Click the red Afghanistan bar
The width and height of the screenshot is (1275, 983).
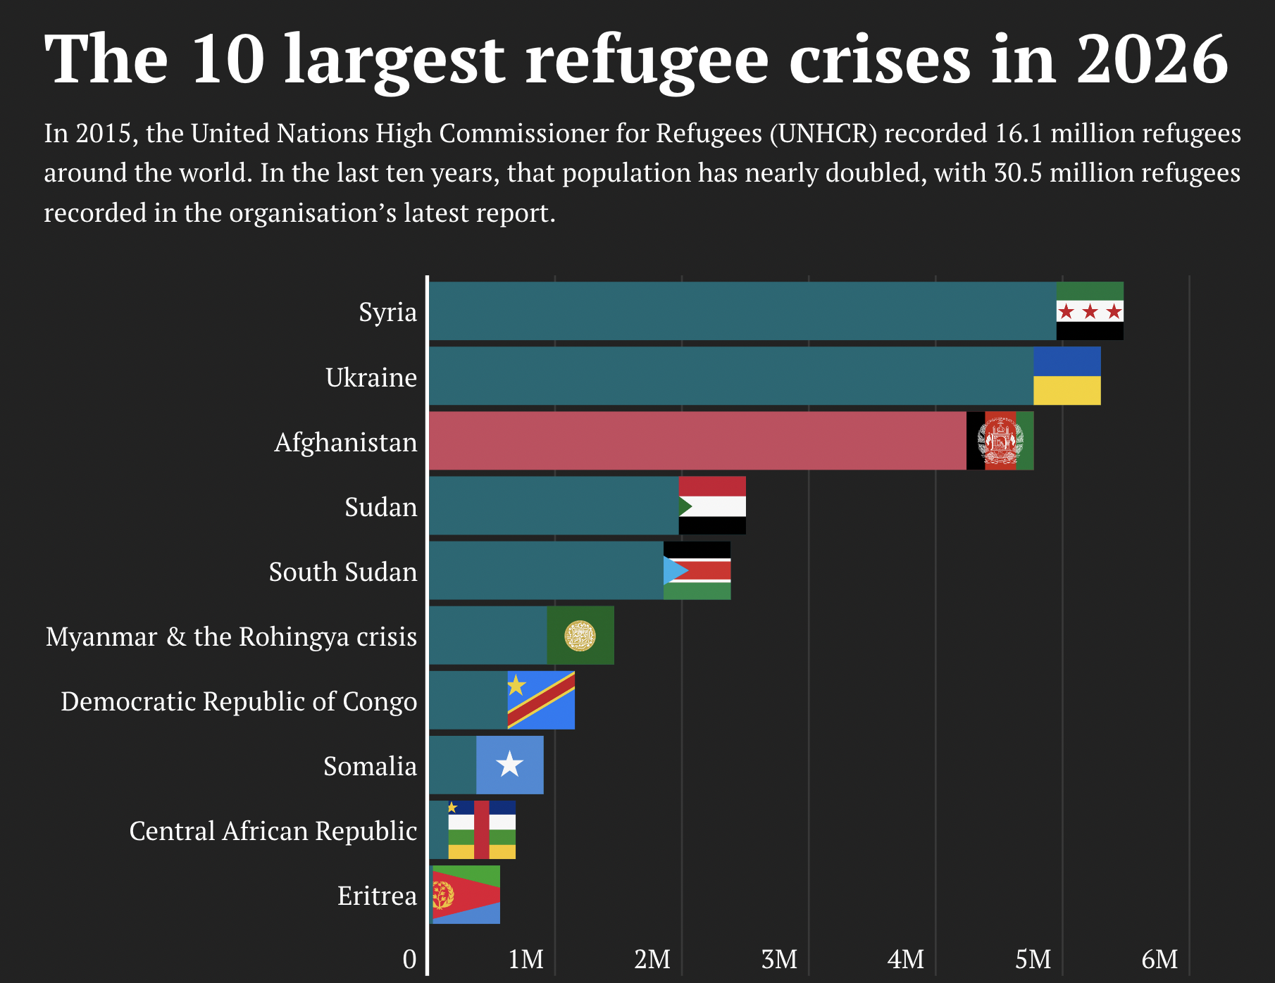click(x=697, y=441)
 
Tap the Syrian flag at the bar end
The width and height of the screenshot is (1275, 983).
click(x=1090, y=311)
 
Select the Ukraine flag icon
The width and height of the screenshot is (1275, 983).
click(x=1066, y=376)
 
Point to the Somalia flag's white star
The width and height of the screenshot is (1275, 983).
click(x=509, y=765)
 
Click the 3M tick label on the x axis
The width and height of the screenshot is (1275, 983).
click(x=779, y=959)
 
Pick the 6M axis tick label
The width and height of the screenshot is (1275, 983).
click(x=1159, y=959)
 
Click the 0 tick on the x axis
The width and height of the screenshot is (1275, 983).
click(x=409, y=959)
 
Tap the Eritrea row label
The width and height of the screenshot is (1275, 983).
click(x=377, y=896)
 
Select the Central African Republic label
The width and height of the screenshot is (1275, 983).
click(x=273, y=831)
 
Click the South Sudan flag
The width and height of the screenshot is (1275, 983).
click(x=697, y=570)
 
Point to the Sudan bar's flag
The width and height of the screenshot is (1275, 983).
click(x=712, y=506)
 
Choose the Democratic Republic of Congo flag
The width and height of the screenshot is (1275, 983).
click(x=541, y=700)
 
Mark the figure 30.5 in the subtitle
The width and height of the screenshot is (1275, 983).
click(x=1018, y=173)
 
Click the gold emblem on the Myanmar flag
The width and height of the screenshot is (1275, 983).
click(x=580, y=636)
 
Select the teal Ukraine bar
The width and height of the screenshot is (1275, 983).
click(x=730, y=376)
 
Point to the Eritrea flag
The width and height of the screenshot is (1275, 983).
click(x=466, y=894)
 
